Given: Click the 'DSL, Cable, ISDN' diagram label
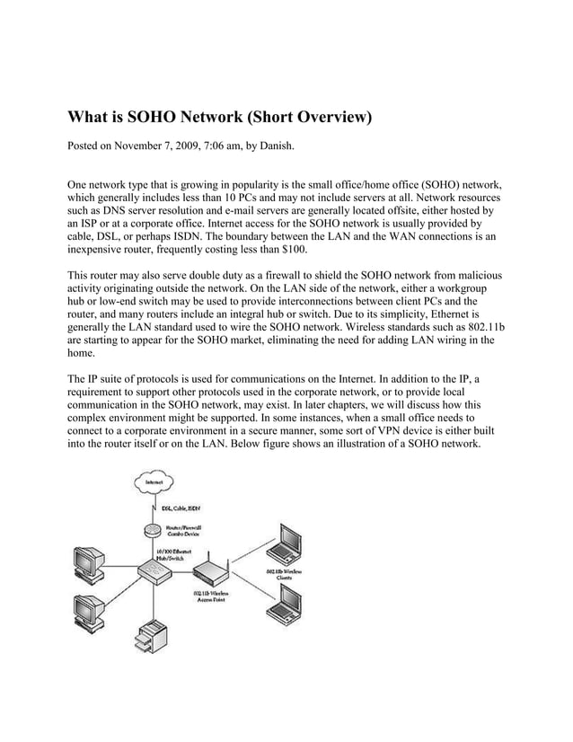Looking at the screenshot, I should (x=181, y=509).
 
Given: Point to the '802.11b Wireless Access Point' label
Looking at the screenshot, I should (x=211, y=598).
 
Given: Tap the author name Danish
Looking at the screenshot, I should (x=300, y=145).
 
